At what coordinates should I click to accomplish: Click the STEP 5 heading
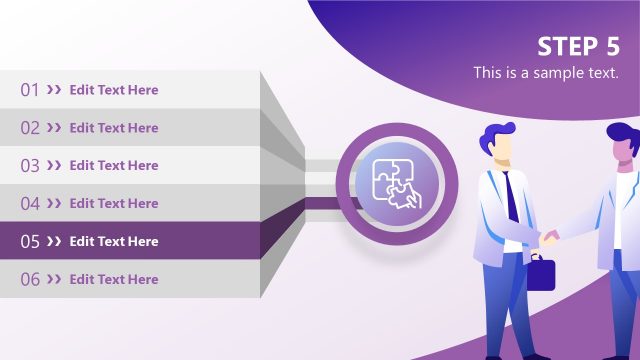578,47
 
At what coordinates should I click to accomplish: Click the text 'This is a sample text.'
546,73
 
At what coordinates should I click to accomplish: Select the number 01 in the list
30,90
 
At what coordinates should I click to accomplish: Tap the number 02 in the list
30,128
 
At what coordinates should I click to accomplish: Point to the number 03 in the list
30,166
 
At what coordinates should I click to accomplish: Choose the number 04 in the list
30,204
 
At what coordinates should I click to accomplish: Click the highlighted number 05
30,242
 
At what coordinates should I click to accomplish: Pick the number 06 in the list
30,280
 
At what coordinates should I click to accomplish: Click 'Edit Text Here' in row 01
114,90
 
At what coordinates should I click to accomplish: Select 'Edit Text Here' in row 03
114,166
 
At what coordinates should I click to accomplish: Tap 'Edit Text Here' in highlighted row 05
114,242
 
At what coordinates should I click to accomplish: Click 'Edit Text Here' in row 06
114,280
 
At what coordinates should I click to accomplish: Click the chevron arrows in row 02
54,128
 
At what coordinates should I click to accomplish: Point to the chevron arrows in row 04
54,204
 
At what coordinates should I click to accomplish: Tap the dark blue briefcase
541,272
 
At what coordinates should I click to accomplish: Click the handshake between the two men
549,238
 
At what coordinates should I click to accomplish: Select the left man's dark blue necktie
511,196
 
